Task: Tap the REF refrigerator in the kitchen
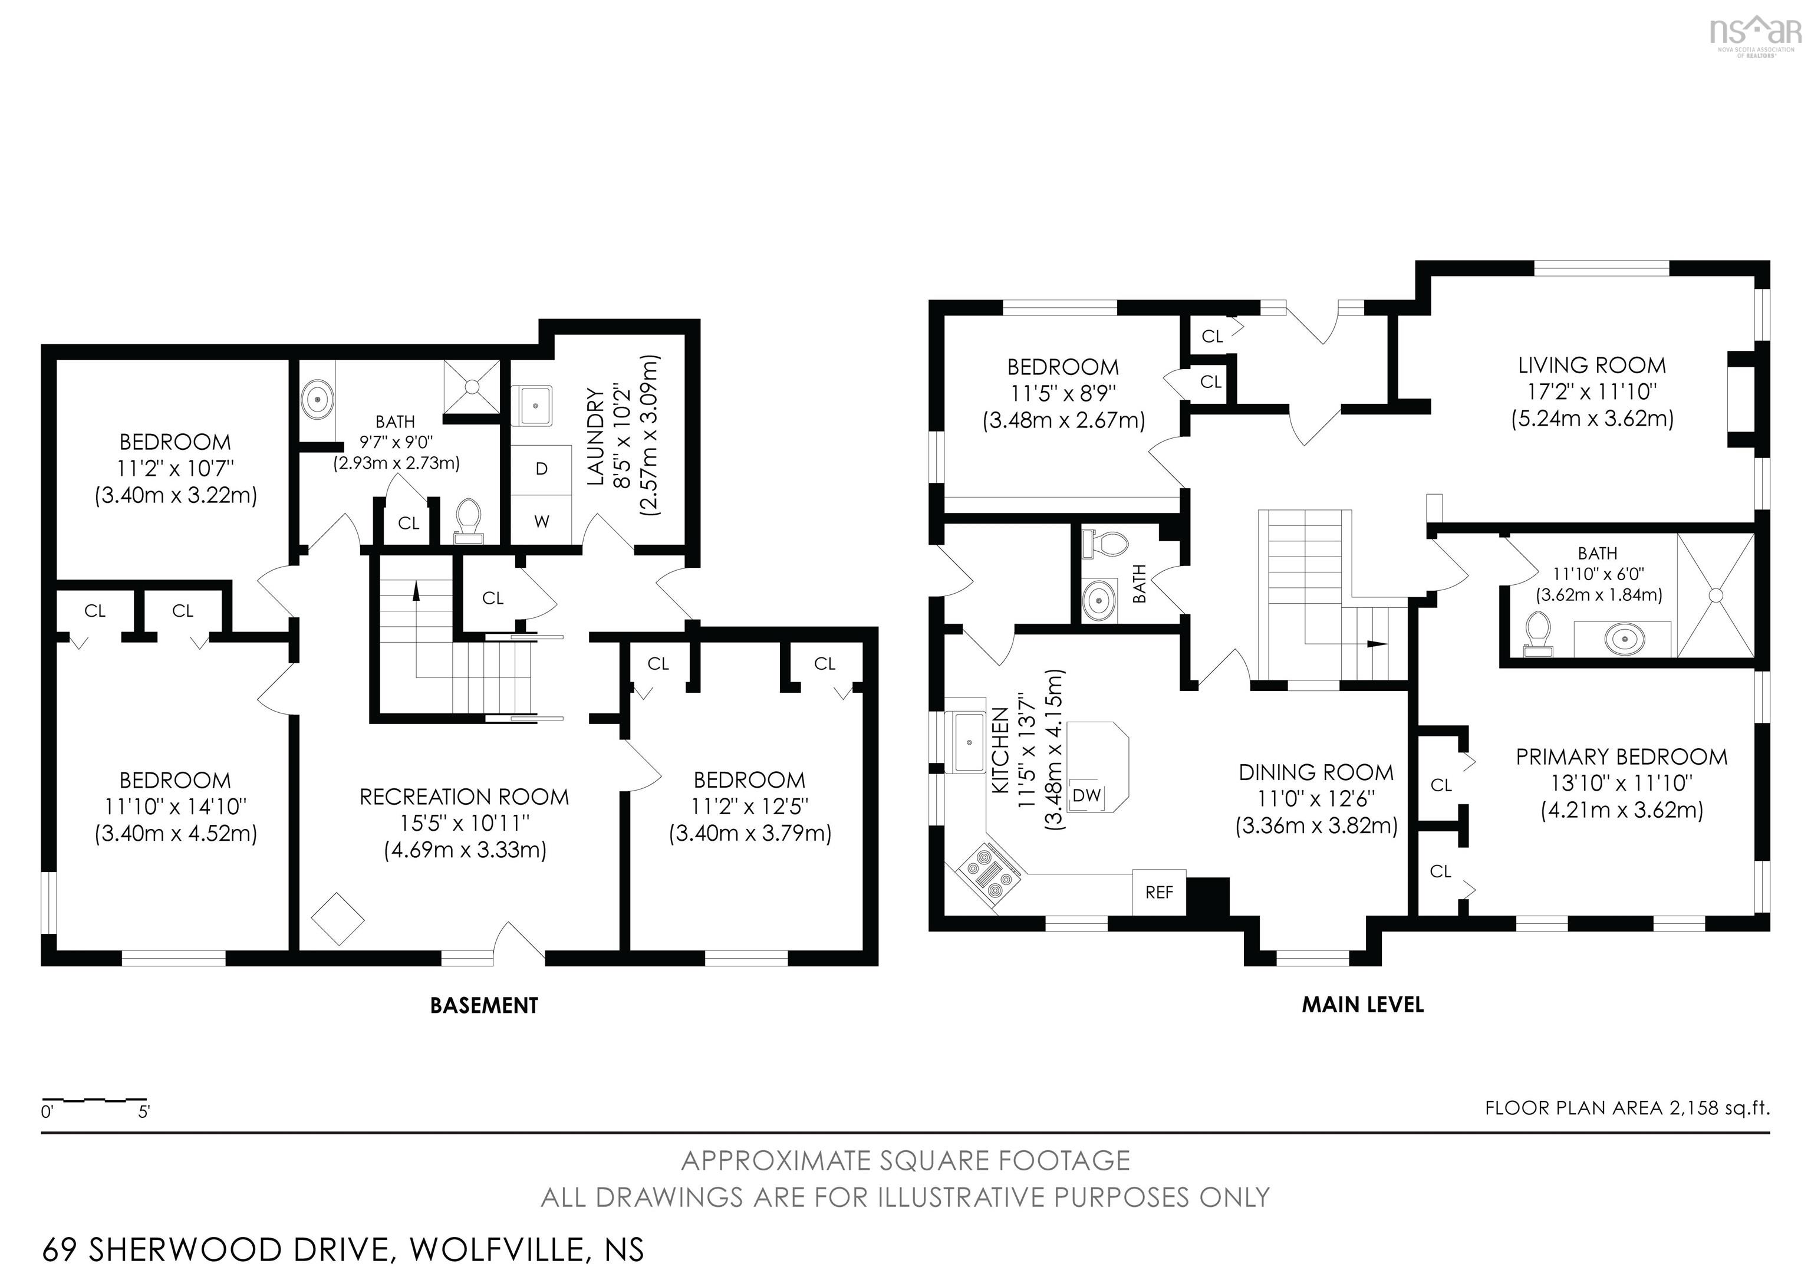click(x=1158, y=892)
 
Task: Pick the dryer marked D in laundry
click(x=541, y=469)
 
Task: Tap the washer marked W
click(x=541, y=521)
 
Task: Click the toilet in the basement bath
click(x=469, y=521)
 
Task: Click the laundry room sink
click(x=535, y=406)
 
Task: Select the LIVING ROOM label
click(x=1592, y=365)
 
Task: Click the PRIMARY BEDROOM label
click(x=1622, y=757)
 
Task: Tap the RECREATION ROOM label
click(x=465, y=797)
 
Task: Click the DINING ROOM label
click(x=1316, y=772)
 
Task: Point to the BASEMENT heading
click(x=485, y=1005)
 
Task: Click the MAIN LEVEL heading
click(x=1363, y=1005)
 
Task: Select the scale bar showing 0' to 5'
click(x=96, y=1100)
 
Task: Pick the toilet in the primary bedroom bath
click(x=1536, y=635)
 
